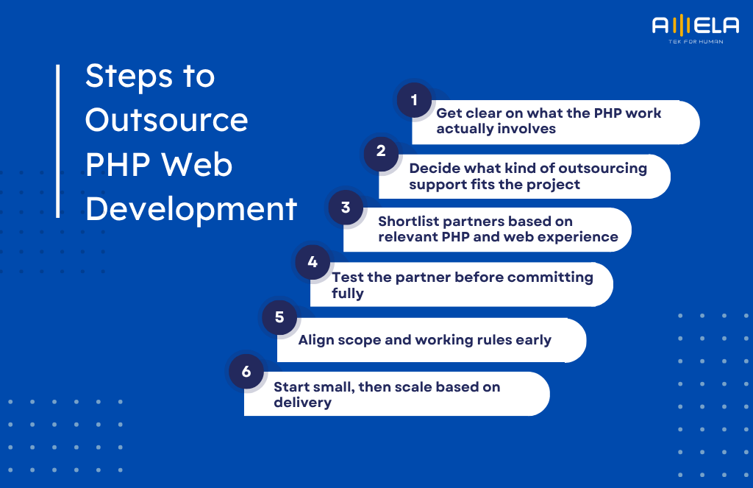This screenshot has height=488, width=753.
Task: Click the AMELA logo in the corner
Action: point(695,26)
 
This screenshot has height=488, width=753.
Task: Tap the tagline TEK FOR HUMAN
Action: point(695,42)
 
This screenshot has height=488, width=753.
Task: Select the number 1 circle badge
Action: point(414,100)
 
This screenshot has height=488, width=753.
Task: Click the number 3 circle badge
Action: point(346,208)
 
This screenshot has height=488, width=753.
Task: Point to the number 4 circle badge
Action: point(313,262)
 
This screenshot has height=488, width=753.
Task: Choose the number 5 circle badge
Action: point(279,317)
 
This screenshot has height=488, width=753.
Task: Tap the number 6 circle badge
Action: point(246,372)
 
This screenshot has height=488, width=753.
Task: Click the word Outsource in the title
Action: point(166,120)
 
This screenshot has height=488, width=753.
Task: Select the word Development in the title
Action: point(191,209)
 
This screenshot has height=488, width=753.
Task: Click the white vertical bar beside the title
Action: point(58,141)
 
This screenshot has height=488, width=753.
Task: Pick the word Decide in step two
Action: point(435,168)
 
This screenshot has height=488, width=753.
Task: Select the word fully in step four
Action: point(348,293)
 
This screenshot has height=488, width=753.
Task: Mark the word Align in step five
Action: point(316,340)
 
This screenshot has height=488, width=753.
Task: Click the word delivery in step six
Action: point(302,403)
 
